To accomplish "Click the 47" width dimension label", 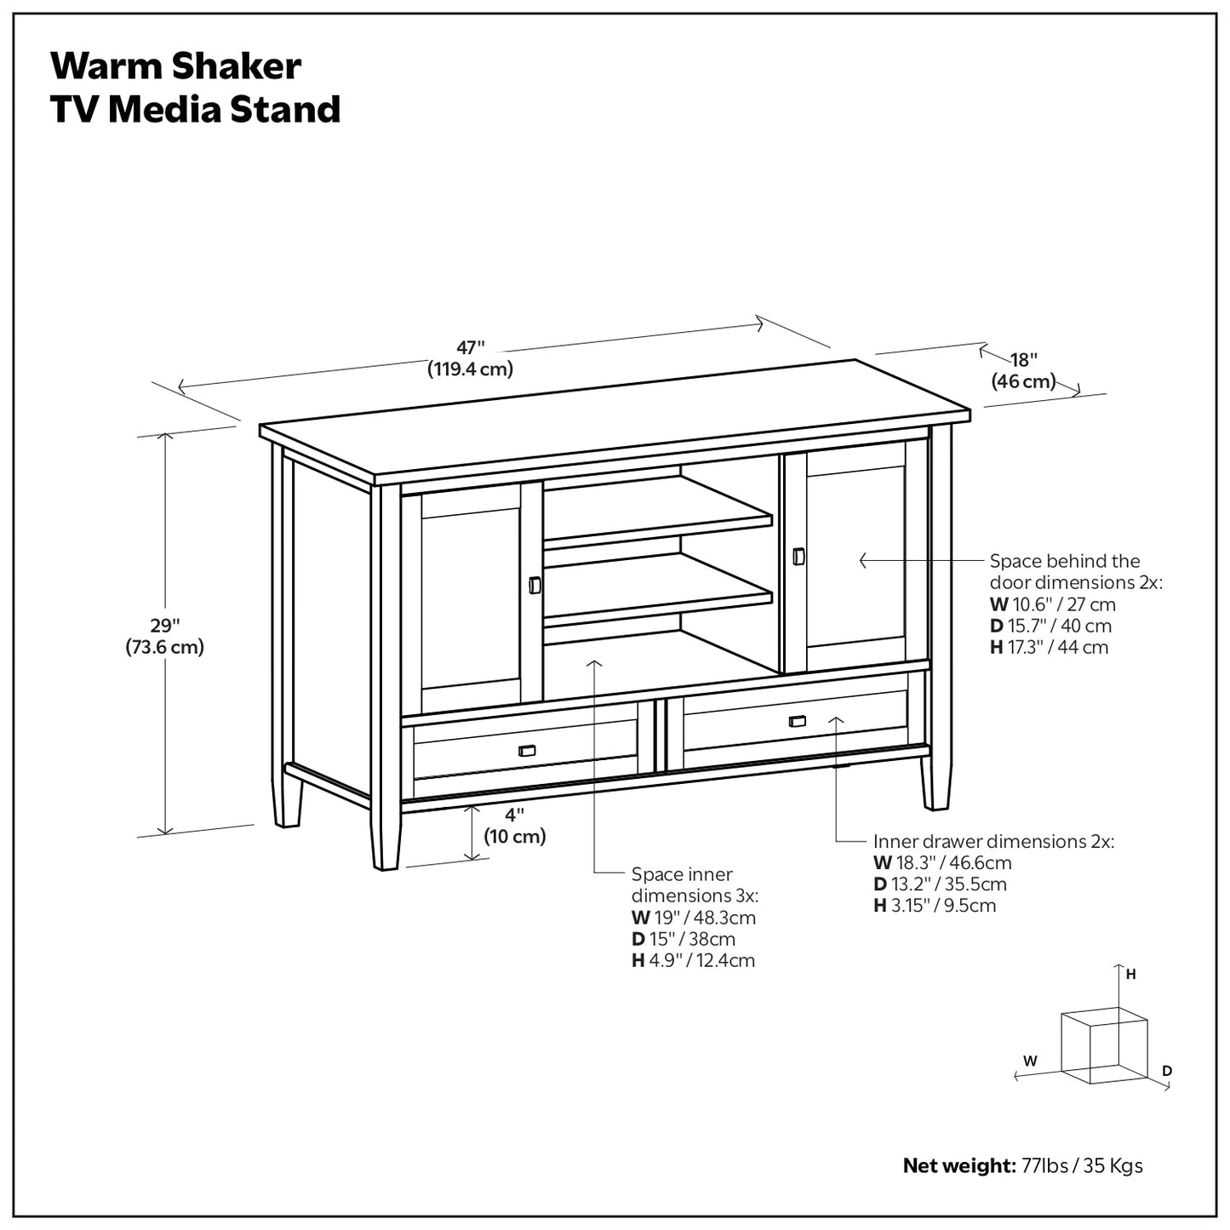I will click(471, 358).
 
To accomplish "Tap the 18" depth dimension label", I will click(1023, 370).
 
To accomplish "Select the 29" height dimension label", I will click(165, 635).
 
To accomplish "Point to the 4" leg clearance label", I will click(514, 825).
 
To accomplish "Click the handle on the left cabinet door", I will click(534, 586).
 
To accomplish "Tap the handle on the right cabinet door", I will click(798, 556).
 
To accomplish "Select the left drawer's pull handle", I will click(526, 750).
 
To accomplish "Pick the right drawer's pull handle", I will click(797, 721).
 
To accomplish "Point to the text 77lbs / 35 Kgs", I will click(1081, 1165).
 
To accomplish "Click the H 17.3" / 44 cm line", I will click(1049, 647).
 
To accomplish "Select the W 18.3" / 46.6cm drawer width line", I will click(942, 863).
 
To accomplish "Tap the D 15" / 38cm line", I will click(683, 939).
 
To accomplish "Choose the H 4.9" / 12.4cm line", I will click(693, 960).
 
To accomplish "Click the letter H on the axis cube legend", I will click(1131, 975).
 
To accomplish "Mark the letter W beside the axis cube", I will click(1030, 1061).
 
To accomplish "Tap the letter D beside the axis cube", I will click(1167, 1071).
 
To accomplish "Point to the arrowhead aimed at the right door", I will click(863, 560).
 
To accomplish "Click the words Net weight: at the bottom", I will click(958, 1165).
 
